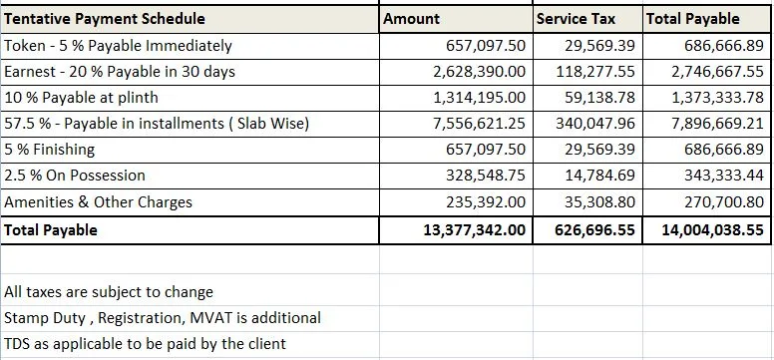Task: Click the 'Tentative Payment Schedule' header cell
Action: (105, 19)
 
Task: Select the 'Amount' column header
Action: (412, 19)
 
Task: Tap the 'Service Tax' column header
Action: (576, 19)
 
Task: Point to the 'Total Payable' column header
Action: (692, 19)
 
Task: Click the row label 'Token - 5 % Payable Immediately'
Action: (118, 46)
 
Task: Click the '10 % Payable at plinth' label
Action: (82, 98)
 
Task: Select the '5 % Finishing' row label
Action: (50, 150)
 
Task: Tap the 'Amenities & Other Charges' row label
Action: (99, 202)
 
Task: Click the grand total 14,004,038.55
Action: (712, 229)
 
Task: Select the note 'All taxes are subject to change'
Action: (109, 292)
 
